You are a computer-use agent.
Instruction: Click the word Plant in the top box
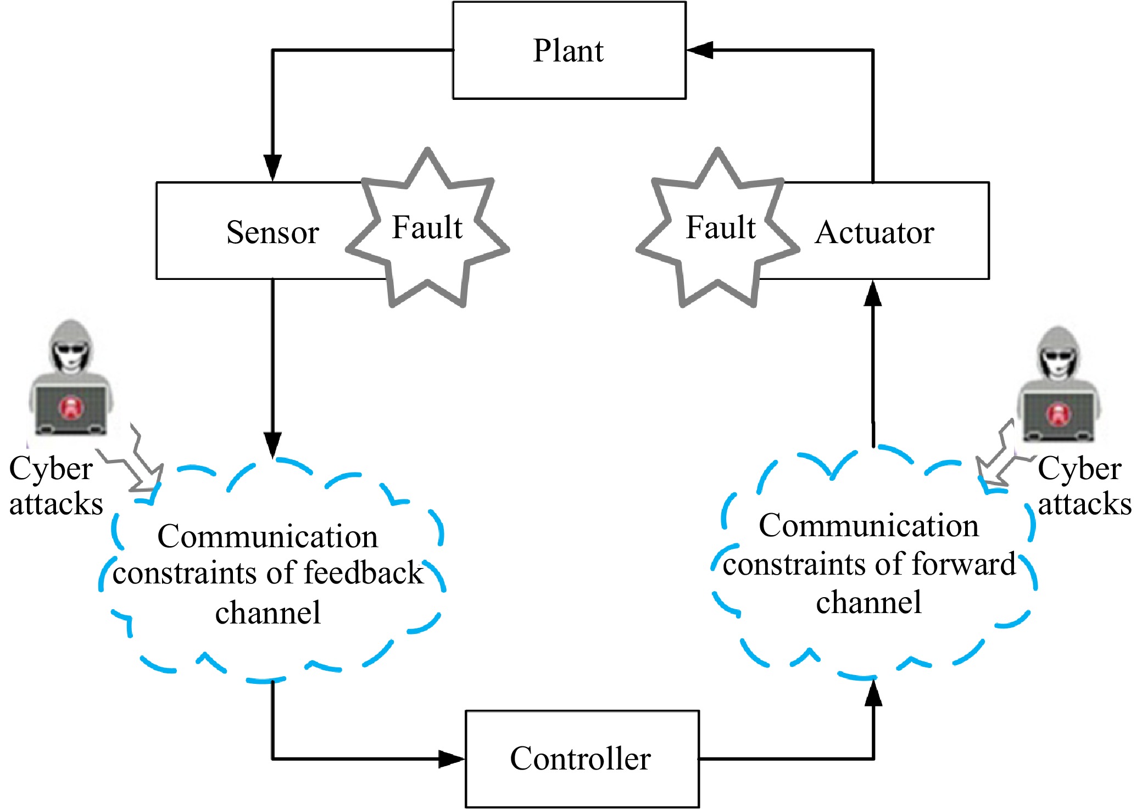[568, 51]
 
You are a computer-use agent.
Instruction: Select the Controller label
[580, 759]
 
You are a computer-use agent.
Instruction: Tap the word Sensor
[272, 232]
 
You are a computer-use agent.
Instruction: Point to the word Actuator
[874, 232]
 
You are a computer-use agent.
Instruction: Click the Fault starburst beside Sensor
[427, 227]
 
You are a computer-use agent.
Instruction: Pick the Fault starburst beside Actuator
[718, 227]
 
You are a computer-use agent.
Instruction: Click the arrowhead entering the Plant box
[700, 50]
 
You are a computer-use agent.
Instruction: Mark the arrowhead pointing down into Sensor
[272, 167]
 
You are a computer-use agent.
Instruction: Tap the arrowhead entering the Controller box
[452, 759]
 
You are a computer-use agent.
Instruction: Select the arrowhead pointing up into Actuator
[873, 294]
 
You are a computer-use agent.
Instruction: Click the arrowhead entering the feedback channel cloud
[272, 445]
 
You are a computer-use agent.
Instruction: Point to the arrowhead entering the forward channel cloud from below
[873, 693]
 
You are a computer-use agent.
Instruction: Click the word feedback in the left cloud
[363, 573]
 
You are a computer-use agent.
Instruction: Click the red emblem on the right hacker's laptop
[1058, 414]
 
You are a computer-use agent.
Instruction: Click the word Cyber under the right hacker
[1079, 469]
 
